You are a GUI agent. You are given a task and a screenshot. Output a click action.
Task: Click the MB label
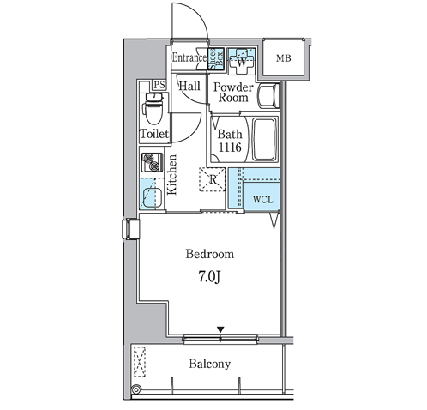(x=284, y=58)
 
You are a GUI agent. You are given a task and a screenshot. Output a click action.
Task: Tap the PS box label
(x=159, y=85)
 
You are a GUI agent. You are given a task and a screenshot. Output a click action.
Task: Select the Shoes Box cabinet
(x=216, y=58)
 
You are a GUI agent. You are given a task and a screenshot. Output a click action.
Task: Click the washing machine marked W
(x=241, y=61)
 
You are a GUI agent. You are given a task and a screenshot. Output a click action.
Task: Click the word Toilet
(x=154, y=134)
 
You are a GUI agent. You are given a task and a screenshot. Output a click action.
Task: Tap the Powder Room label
(x=233, y=93)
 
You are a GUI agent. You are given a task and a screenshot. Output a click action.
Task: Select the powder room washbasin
(x=268, y=95)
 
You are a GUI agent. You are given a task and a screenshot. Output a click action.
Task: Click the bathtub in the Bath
(x=265, y=139)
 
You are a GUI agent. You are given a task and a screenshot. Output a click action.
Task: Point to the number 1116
(x=230, y=148)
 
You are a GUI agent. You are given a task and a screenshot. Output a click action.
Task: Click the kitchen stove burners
(x=152, y=162)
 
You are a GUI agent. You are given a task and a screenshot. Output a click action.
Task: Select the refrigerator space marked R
(x=213, y=179)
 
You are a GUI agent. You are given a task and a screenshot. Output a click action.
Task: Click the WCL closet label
(x=262, y=199)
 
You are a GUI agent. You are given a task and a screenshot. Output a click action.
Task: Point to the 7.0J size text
(x=209, y=276)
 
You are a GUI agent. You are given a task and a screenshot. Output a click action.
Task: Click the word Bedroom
(x=210, y=254)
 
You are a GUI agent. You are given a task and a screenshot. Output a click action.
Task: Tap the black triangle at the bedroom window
(x=220, y=329)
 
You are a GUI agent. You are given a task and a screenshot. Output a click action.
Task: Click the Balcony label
(x=209, y=364)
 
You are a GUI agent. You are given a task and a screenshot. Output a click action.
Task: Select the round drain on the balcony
(x=136, y=389)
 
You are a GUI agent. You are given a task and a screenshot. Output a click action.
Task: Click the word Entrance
(x=189, y=57)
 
